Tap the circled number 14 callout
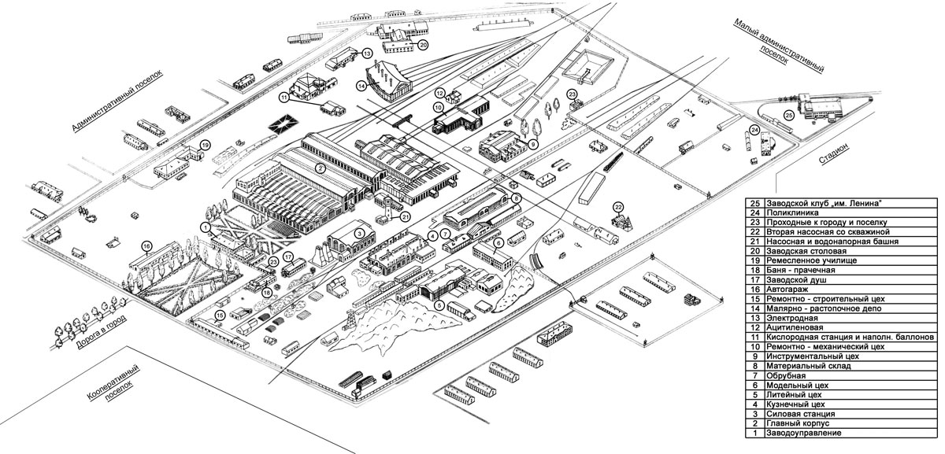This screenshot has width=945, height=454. [x=362, y=86]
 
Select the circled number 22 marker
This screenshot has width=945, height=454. [x=618, y=208]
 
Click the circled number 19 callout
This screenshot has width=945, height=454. [x=205, y=146]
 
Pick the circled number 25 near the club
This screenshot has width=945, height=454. [x=789, y=116]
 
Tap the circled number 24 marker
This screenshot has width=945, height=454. [x=754, y=130]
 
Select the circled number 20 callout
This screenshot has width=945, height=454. [x=423, y=46]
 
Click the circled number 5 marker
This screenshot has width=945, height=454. [x=439, y=306]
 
